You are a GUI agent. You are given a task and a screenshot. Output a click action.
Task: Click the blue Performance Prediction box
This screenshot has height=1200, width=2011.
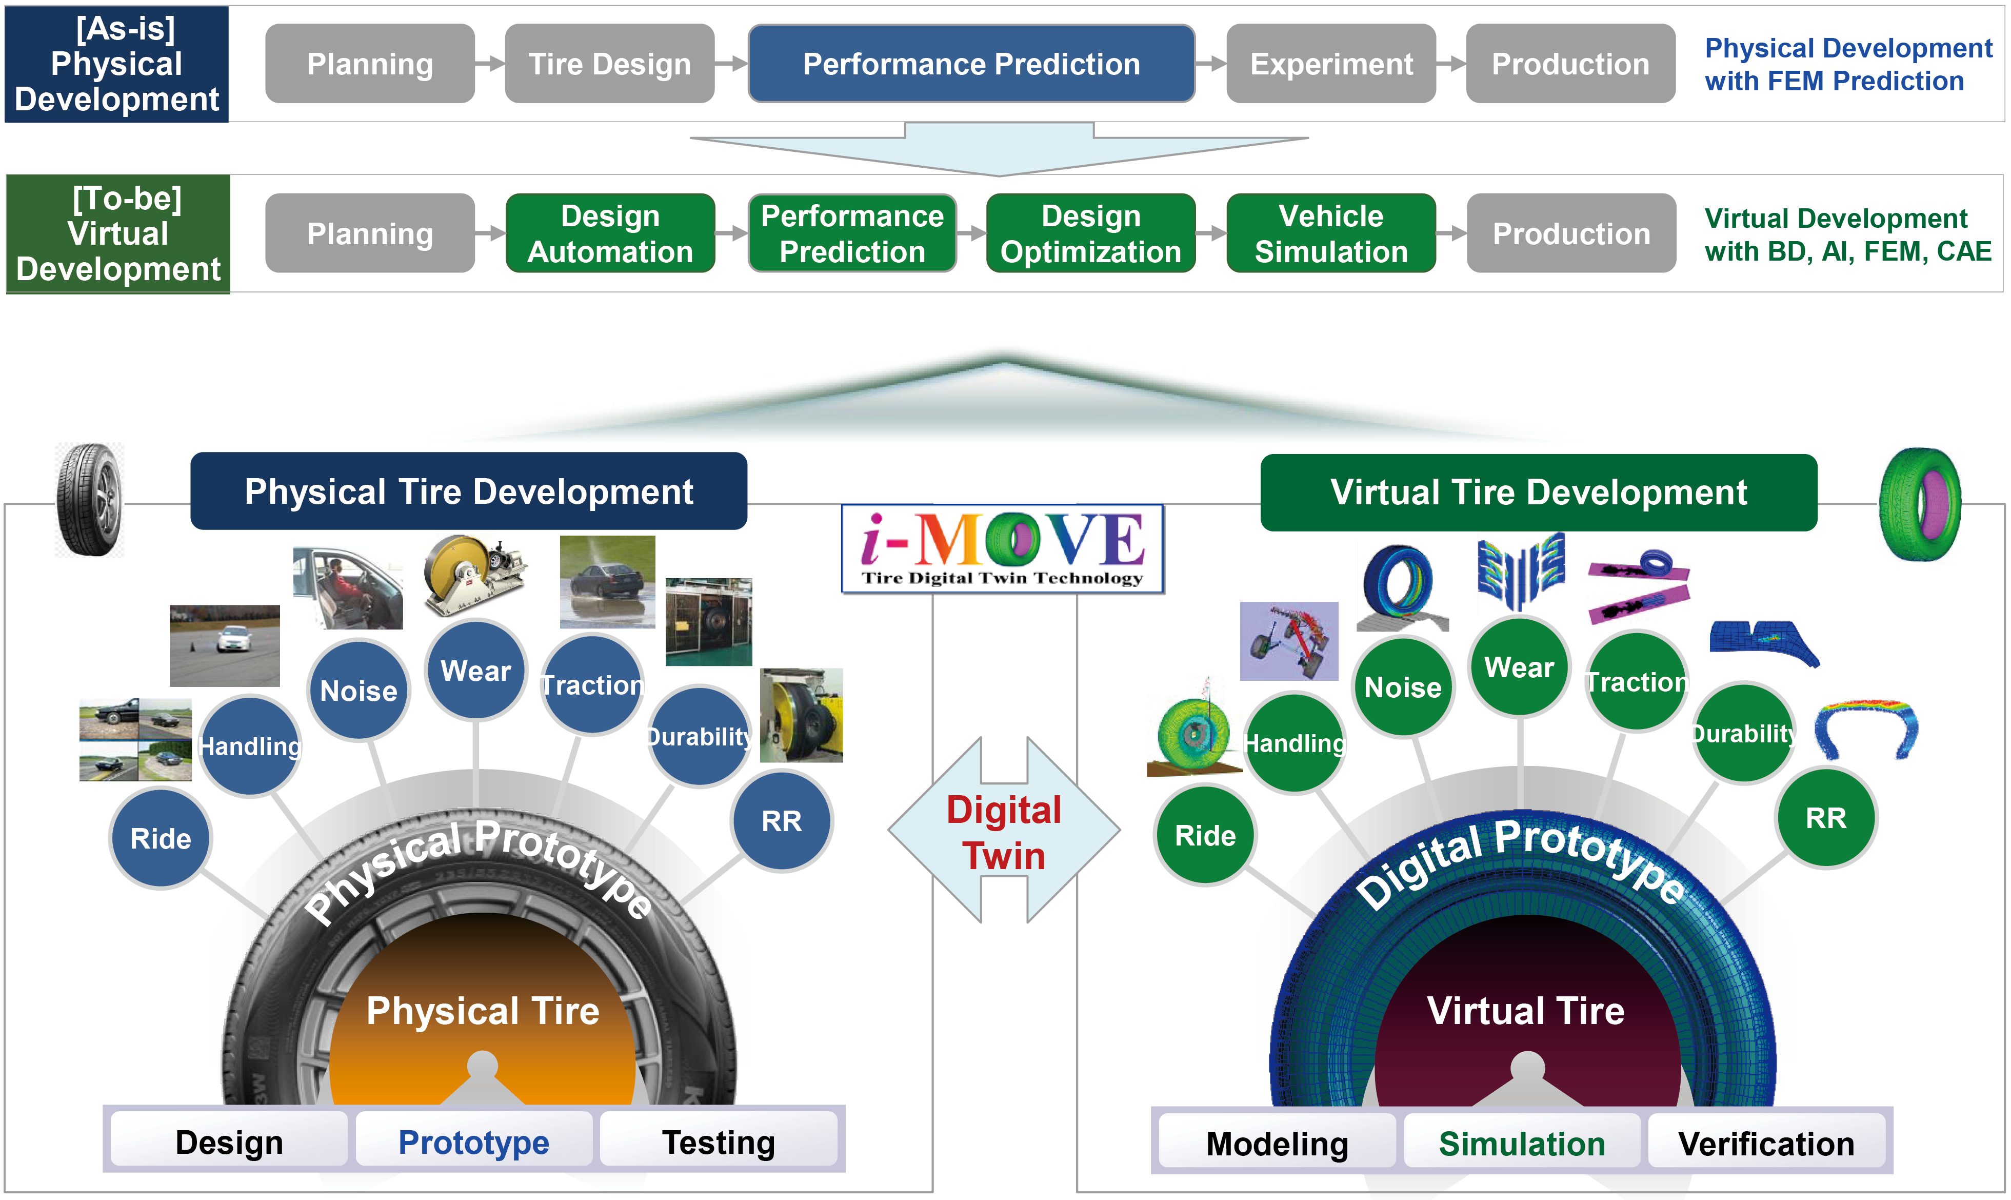pos(971,64)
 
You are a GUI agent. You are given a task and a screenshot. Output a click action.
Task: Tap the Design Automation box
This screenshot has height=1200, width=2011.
pos(610,234)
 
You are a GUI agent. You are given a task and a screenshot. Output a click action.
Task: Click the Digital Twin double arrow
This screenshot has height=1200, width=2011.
pos(1004,831)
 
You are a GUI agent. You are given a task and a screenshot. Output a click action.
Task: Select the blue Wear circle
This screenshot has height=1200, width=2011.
pos(476,671)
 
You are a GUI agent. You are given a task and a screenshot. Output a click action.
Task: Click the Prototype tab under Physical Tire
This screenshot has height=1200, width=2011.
pos(474,1142)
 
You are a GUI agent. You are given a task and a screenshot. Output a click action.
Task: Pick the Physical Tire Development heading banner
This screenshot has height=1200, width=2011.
pos(469,491)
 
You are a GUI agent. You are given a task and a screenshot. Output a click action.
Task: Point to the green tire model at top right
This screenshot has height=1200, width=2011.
pos(1920,504)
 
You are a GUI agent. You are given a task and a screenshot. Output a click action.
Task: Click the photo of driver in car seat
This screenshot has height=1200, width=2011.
pos(348,588)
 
